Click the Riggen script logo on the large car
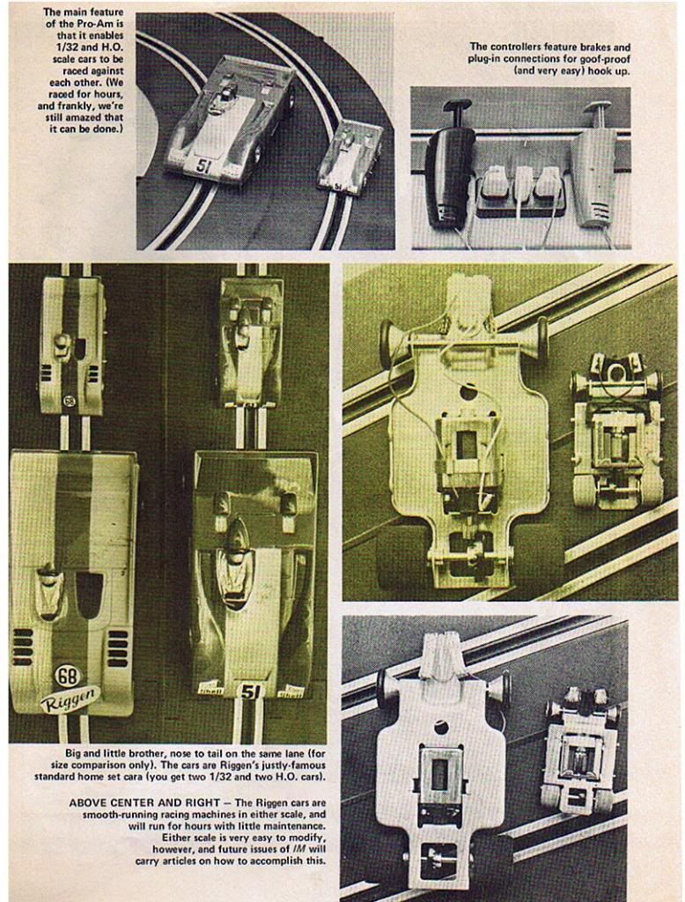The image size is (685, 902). pyautogui.click(x=70, y=698)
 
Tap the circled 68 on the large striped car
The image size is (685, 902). pyautogui.click(x=68, y=675)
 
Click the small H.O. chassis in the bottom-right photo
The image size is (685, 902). pyautogui.click(x=581, y=748)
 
